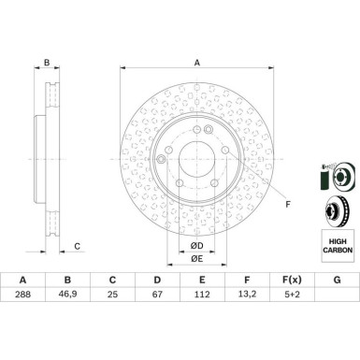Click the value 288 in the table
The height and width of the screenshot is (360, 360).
click(x=22, y=294)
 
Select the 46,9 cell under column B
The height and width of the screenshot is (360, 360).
click(x=67, y=294)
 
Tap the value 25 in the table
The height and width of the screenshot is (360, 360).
click(x=112, y=294)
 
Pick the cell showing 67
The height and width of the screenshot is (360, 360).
click(x=157, y=294)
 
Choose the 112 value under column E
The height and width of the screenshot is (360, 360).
click(x=202, y=294)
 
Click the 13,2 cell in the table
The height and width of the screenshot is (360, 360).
click(x=247, y=294)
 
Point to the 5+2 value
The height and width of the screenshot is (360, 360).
click(x=292, y=294)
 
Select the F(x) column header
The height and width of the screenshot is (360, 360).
click(x=292, y=280)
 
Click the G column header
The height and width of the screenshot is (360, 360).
click(x=337, y=280)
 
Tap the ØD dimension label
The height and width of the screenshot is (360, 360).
click(x=196, y=246)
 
